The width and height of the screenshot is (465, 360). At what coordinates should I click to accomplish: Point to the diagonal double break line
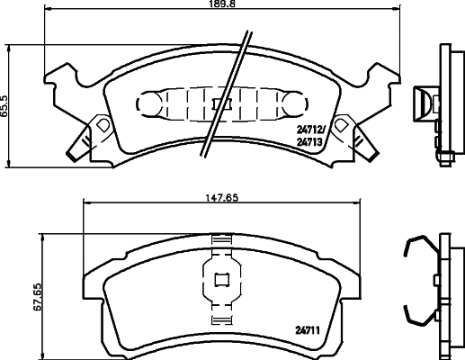[227, 94]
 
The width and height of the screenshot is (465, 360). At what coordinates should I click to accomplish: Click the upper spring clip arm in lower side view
[416, 247]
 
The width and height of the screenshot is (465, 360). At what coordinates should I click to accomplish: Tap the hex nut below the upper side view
[445, 158]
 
